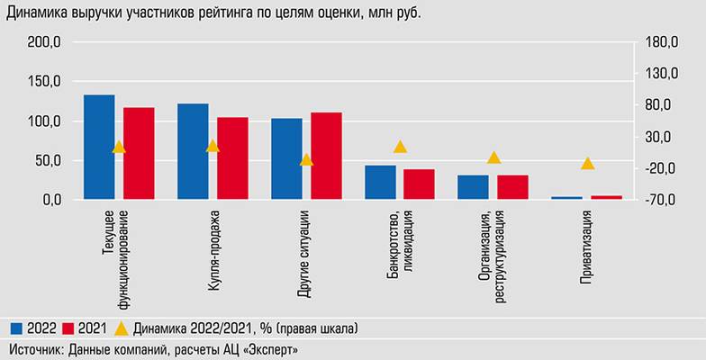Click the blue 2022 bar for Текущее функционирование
pyautogui.click(x=99, y=147)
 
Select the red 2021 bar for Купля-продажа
pyautogui.click(x=232, y=157)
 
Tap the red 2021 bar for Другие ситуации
pyautogui.click(x=326, y=155)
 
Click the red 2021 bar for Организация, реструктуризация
pyautogui.click(x=512, y=186)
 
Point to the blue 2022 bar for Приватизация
pyautogui.click(x=566, y=197)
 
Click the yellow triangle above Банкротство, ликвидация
pyautogui.click(x=400, y=147)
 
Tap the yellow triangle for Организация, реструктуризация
pyautogui.click(x=493, y=157)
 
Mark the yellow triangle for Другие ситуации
pyautogui.click(x=306, y=160)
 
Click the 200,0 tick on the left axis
pyautogui.click(x=44, y=42)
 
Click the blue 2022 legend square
pyautogui.click(x=16, y=326)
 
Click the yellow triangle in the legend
pyautogui.click(x=122, y=326)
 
